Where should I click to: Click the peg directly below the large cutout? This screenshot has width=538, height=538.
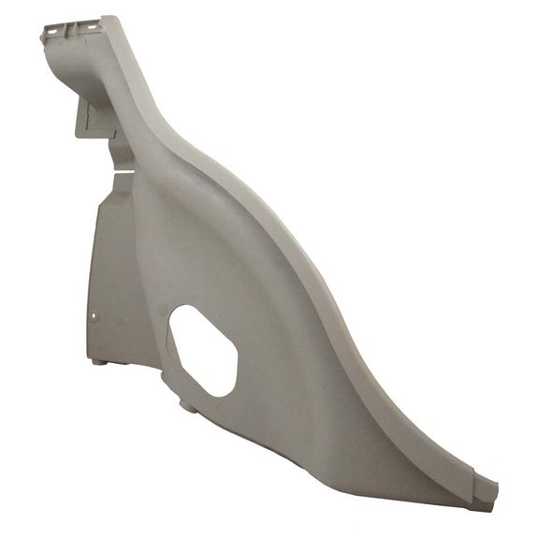[x=184, y=406]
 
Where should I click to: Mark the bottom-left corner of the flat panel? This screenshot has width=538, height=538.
[x=93, y=356]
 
